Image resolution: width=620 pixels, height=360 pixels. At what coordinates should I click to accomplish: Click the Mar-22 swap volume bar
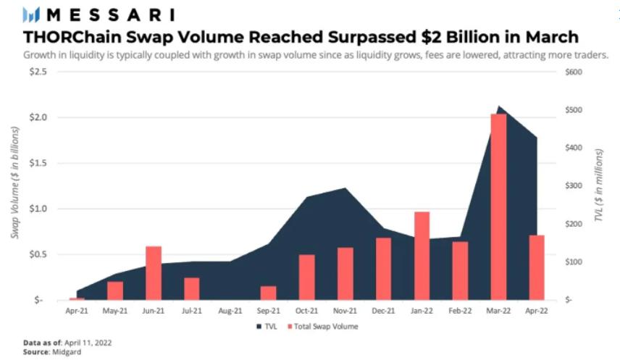(x=498, y=206)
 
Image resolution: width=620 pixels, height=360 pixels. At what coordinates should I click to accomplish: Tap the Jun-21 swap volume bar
(x=153, y=272)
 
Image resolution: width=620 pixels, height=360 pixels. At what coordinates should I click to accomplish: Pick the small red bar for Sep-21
(x=268, y=292)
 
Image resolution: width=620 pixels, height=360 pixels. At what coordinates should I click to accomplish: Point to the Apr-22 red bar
(x=536, y=267)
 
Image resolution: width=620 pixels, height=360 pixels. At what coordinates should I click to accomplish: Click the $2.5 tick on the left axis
(x=37, y=72)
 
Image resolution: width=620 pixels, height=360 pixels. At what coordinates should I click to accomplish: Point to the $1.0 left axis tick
(x=37, y=209)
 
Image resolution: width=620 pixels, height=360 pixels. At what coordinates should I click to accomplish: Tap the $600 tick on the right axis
(x=574, y=72)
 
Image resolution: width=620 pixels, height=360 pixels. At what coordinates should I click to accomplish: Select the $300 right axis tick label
(x=574, y=185)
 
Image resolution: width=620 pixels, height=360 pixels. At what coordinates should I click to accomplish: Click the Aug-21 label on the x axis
(x=230, y=311)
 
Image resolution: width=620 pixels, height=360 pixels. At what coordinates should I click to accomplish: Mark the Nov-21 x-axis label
(x=345, y=311)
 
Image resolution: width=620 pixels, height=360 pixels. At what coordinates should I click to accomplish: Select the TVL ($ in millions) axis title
(x=600, y=186)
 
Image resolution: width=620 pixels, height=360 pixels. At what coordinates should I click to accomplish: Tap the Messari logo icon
(x=31, y=14)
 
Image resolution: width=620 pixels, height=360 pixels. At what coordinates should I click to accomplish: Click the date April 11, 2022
(x=86, y=341)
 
